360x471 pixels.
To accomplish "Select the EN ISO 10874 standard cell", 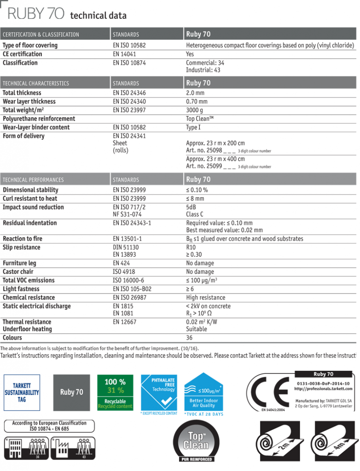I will click(129, 63).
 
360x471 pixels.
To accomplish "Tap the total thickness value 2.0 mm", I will click(197, 93).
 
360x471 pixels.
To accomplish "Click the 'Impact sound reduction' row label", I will click(33, 207).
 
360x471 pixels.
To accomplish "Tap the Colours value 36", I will click(189, 338).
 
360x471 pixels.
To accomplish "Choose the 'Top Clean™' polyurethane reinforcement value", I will click(200, 119).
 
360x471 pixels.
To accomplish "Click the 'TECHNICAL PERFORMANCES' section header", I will click(33, 180).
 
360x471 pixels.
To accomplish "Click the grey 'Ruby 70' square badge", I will click(71, 392).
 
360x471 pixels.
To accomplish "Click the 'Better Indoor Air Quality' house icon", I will click(203, 391).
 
